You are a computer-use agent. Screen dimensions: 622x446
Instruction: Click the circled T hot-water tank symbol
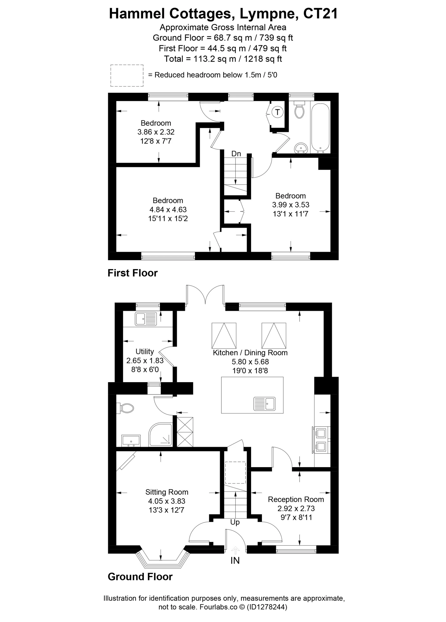pyautogui.click(x=277, y=112)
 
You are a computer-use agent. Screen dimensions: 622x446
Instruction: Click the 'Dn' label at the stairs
pyautogui.click(x=236, y=154)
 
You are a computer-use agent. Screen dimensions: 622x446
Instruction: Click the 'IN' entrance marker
pyautogui.click(x=235, y=561)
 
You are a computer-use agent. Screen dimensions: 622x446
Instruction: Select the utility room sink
pyautogui.click(x=146, y=319)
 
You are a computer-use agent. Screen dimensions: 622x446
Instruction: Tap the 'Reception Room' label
pyautogui.click(x=296, y=499)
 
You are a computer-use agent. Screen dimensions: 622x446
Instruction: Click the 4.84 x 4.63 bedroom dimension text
pyautogui.click(x=168, y=209)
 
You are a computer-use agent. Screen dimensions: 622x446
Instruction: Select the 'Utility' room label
pyautogui.click(x=144, y=351)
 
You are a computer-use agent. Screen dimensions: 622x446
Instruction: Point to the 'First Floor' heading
pyautogui.click(x=133, y=273)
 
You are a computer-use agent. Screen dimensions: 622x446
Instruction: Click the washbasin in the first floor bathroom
pyautogui.click(x=301, y=148)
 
